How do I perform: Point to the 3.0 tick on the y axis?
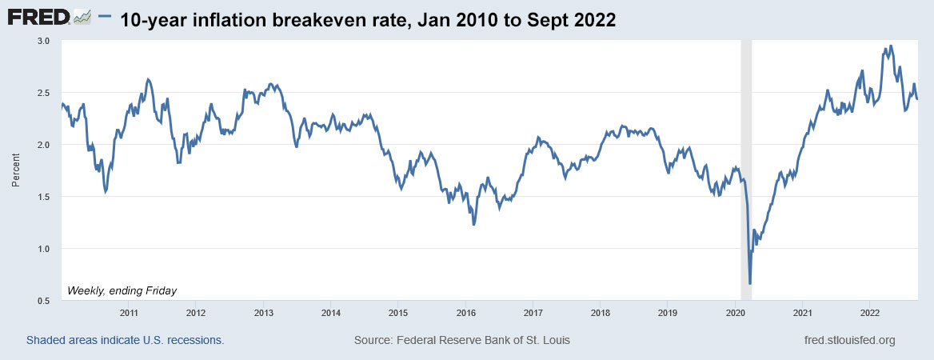click(43, 41)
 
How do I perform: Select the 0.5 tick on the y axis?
click(43, 300)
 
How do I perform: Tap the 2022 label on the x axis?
click(870, 312)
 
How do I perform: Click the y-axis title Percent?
click(15, 170)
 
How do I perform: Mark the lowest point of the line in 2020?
click(749, 283)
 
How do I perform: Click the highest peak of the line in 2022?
click(891, 46)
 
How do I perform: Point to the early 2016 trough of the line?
click(474, 225)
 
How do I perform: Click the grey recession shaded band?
click(746, 160)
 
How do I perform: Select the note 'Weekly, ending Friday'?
click(122, 290)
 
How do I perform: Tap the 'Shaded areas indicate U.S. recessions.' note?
click(125, 341)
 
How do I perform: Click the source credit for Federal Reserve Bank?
click(461, 341)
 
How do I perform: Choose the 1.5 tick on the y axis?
click(43, 197)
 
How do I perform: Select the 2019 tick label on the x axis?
click(669, 312)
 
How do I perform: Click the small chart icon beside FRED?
click(81, 17)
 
